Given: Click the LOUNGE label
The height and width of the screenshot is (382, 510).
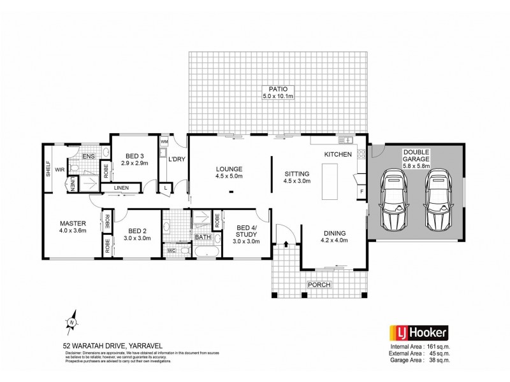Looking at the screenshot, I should pyautogui.click(x=229, y=169).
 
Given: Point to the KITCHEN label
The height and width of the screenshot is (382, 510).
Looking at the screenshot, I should pyautogui.click(x=337, y=155).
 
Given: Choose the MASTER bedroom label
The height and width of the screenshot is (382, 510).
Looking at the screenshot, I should pyautogui.click(x=73, y=223).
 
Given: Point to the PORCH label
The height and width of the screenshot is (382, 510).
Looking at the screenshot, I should pyautogui.click(x=319, y=285).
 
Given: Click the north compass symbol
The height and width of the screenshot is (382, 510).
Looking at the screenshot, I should pyautogui.click(x=73, y=322).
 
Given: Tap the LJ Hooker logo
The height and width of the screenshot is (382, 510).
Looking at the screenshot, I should pyautogui.click(x=418, y=332).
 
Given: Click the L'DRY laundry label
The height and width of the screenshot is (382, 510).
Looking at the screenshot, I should pyautogui.click(x=177, y=159).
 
